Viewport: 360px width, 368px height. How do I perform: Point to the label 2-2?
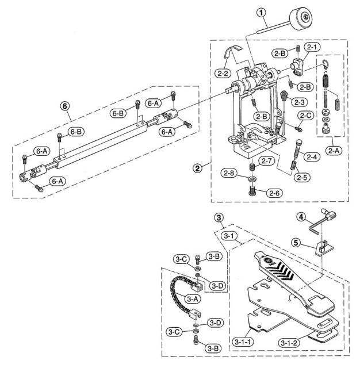pyautogui.click(x=225, y=74)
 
